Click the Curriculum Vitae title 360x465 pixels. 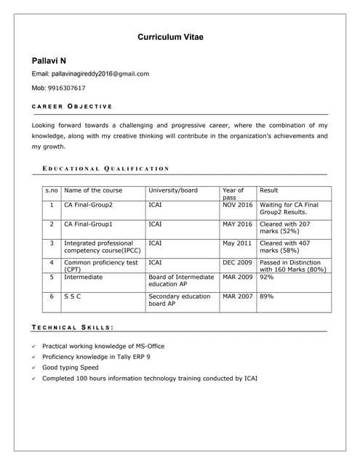click(x=175, y=36)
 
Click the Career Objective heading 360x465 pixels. click(x=73, y=107)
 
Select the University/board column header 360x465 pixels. click(x=173, y=190)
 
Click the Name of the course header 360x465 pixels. click(x=93, y=190)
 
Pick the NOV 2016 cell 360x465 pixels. click(x=237, y=205)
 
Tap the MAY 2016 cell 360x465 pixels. click(x=237, y=225)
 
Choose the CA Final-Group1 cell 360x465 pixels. click(x=89, y=225)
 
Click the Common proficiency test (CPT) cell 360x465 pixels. click(x=100, y=266)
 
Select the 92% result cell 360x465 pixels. click(x=267, y=277)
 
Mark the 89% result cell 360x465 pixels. click(x=267, y=296)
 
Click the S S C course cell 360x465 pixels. click(x=73, y=296)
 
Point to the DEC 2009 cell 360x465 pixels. click(x=237, y=262)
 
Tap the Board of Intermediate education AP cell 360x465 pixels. click(x=181, y=280)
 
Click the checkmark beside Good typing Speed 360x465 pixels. click(x=35, y=368)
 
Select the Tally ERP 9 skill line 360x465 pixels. click(x=96, y=357)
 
